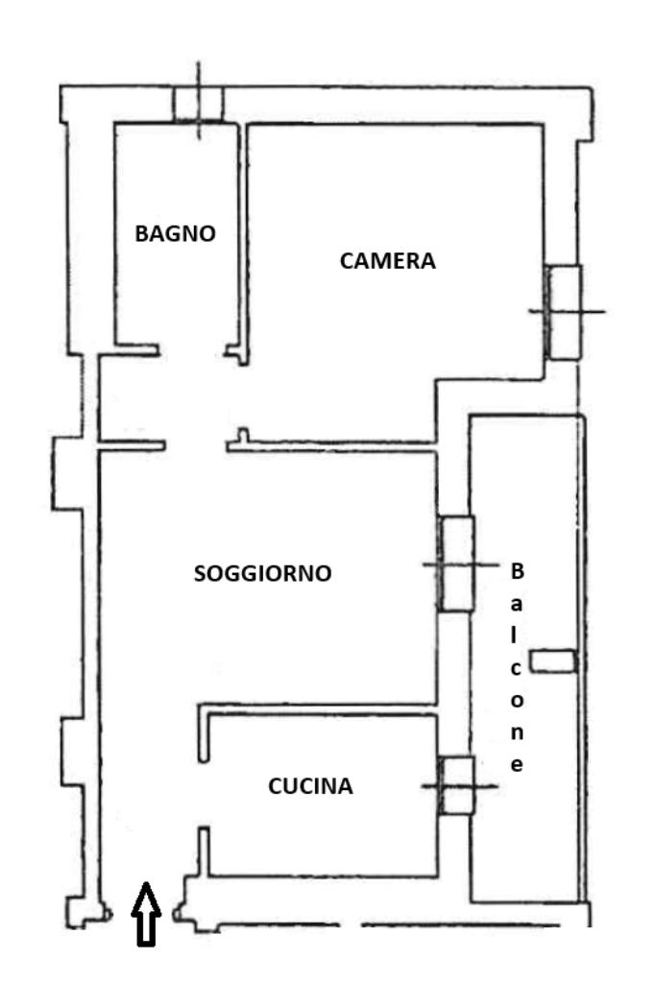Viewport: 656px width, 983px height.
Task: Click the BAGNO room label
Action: pos(175,233)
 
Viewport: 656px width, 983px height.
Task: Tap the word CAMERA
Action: pos(388,261)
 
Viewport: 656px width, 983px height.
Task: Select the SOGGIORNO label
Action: pos(263,574)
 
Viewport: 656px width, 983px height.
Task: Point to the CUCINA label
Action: pos(310,786)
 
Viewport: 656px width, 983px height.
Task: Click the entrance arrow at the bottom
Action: pos(146,914)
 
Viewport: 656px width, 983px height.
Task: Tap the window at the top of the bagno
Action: pos(198,104)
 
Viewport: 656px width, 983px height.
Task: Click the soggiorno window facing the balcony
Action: pos(456,563)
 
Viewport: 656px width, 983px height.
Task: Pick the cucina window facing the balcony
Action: pos(456,785)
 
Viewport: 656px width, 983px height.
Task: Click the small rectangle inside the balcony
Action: pos(553,661)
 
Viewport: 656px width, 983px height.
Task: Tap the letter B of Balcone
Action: pos(517,571)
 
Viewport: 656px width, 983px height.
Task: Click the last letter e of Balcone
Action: pos(517,765)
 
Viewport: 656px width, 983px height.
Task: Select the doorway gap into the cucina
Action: pos(204,795)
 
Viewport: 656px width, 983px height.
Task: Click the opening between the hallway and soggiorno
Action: pos(196,445)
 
